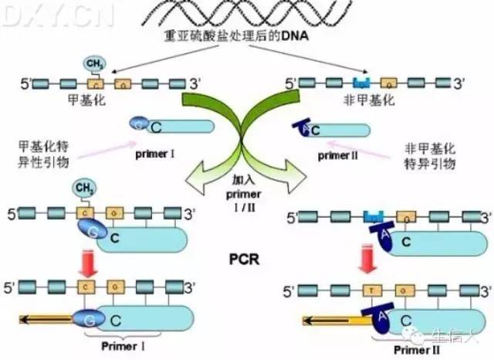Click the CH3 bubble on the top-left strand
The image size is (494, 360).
point(93,65)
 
